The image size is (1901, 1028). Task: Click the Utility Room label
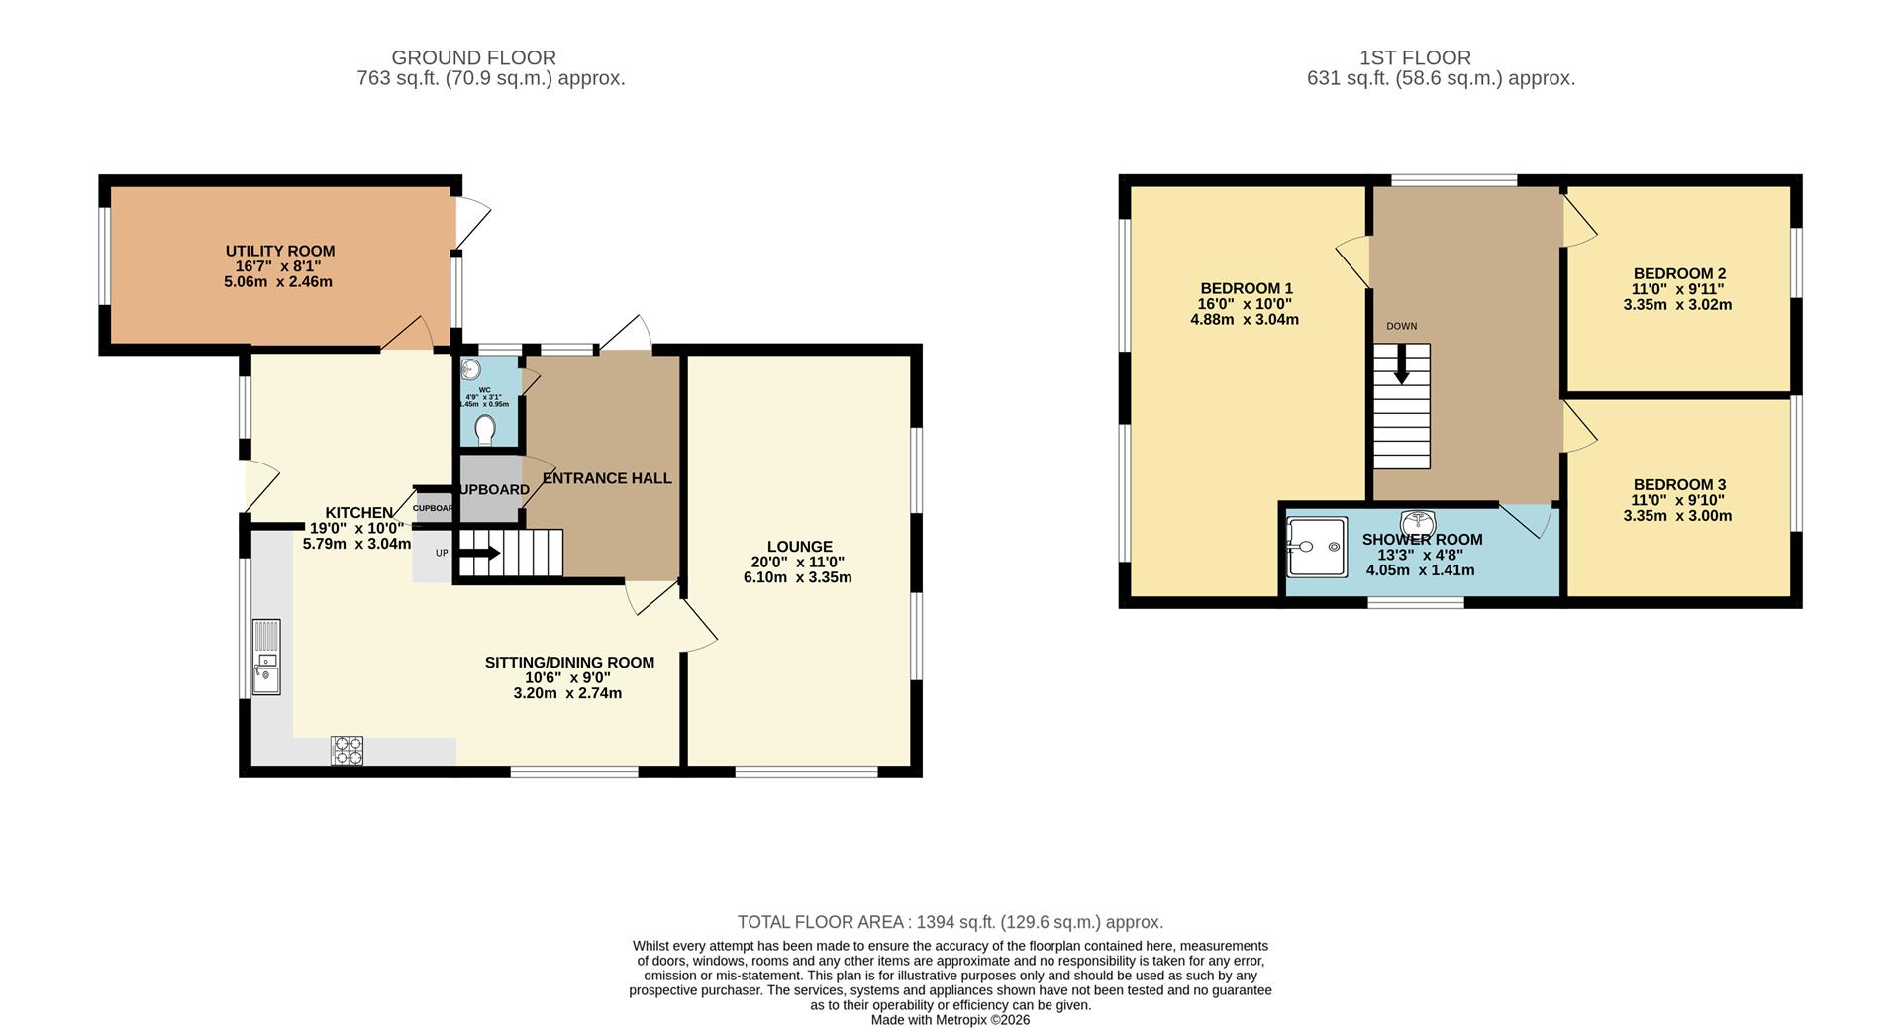pyautogui.click(x=280, y=252)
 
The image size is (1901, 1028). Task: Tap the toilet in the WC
pyautogui.click(x=485, y=430)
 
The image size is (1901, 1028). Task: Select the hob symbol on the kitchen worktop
pyautogui.click(x=347, y=750)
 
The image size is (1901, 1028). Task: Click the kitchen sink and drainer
pyautogui.click(x=266, y=657)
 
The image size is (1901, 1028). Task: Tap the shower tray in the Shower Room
pyautogui.click(x=1316, y=547)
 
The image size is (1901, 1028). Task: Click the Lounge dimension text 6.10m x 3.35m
pyautogui.click(x=798, y=577)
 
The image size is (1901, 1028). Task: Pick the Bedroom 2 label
pyautogui.click(x=1679, y=273)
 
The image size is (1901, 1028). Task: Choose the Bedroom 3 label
pyautogui.click(x=1679, y=484)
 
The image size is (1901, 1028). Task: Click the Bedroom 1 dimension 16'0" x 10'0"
pyautogui.click(x=1245, y=304)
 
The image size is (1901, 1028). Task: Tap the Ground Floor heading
pyautogui.click(x=473, y=58)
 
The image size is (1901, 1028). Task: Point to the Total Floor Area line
pyautogui.click(x=950, y=922)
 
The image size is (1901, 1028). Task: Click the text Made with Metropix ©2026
pyautogui.click(x=950, y=1019)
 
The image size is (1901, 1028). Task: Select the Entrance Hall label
pyautogui.click(x=607, y=478)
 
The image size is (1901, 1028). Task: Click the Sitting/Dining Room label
pyautogui.click(x=569, y=663)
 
